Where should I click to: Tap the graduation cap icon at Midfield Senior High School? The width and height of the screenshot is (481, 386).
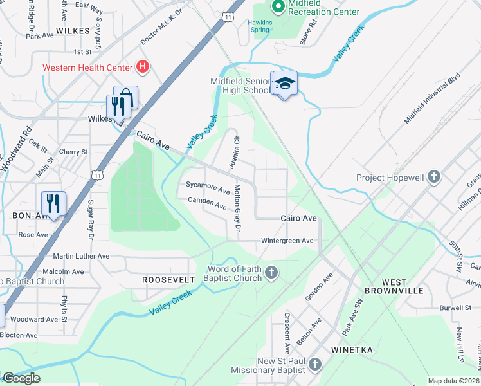point(284,83)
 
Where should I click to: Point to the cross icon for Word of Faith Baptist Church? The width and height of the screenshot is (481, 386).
point(271,273)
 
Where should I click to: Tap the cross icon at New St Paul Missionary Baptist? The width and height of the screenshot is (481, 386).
point(314,365)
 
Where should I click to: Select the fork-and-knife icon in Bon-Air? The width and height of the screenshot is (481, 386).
point(54,203)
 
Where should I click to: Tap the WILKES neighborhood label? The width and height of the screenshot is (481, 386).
point(72,30)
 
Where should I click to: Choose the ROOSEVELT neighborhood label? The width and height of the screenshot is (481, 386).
point(168,280)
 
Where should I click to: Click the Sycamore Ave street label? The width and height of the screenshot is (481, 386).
point(207,191)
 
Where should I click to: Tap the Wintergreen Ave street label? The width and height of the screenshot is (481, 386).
point(287,241)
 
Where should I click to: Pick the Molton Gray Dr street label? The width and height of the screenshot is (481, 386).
point(237,208)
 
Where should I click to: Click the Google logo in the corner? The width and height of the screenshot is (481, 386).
point(21,378)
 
